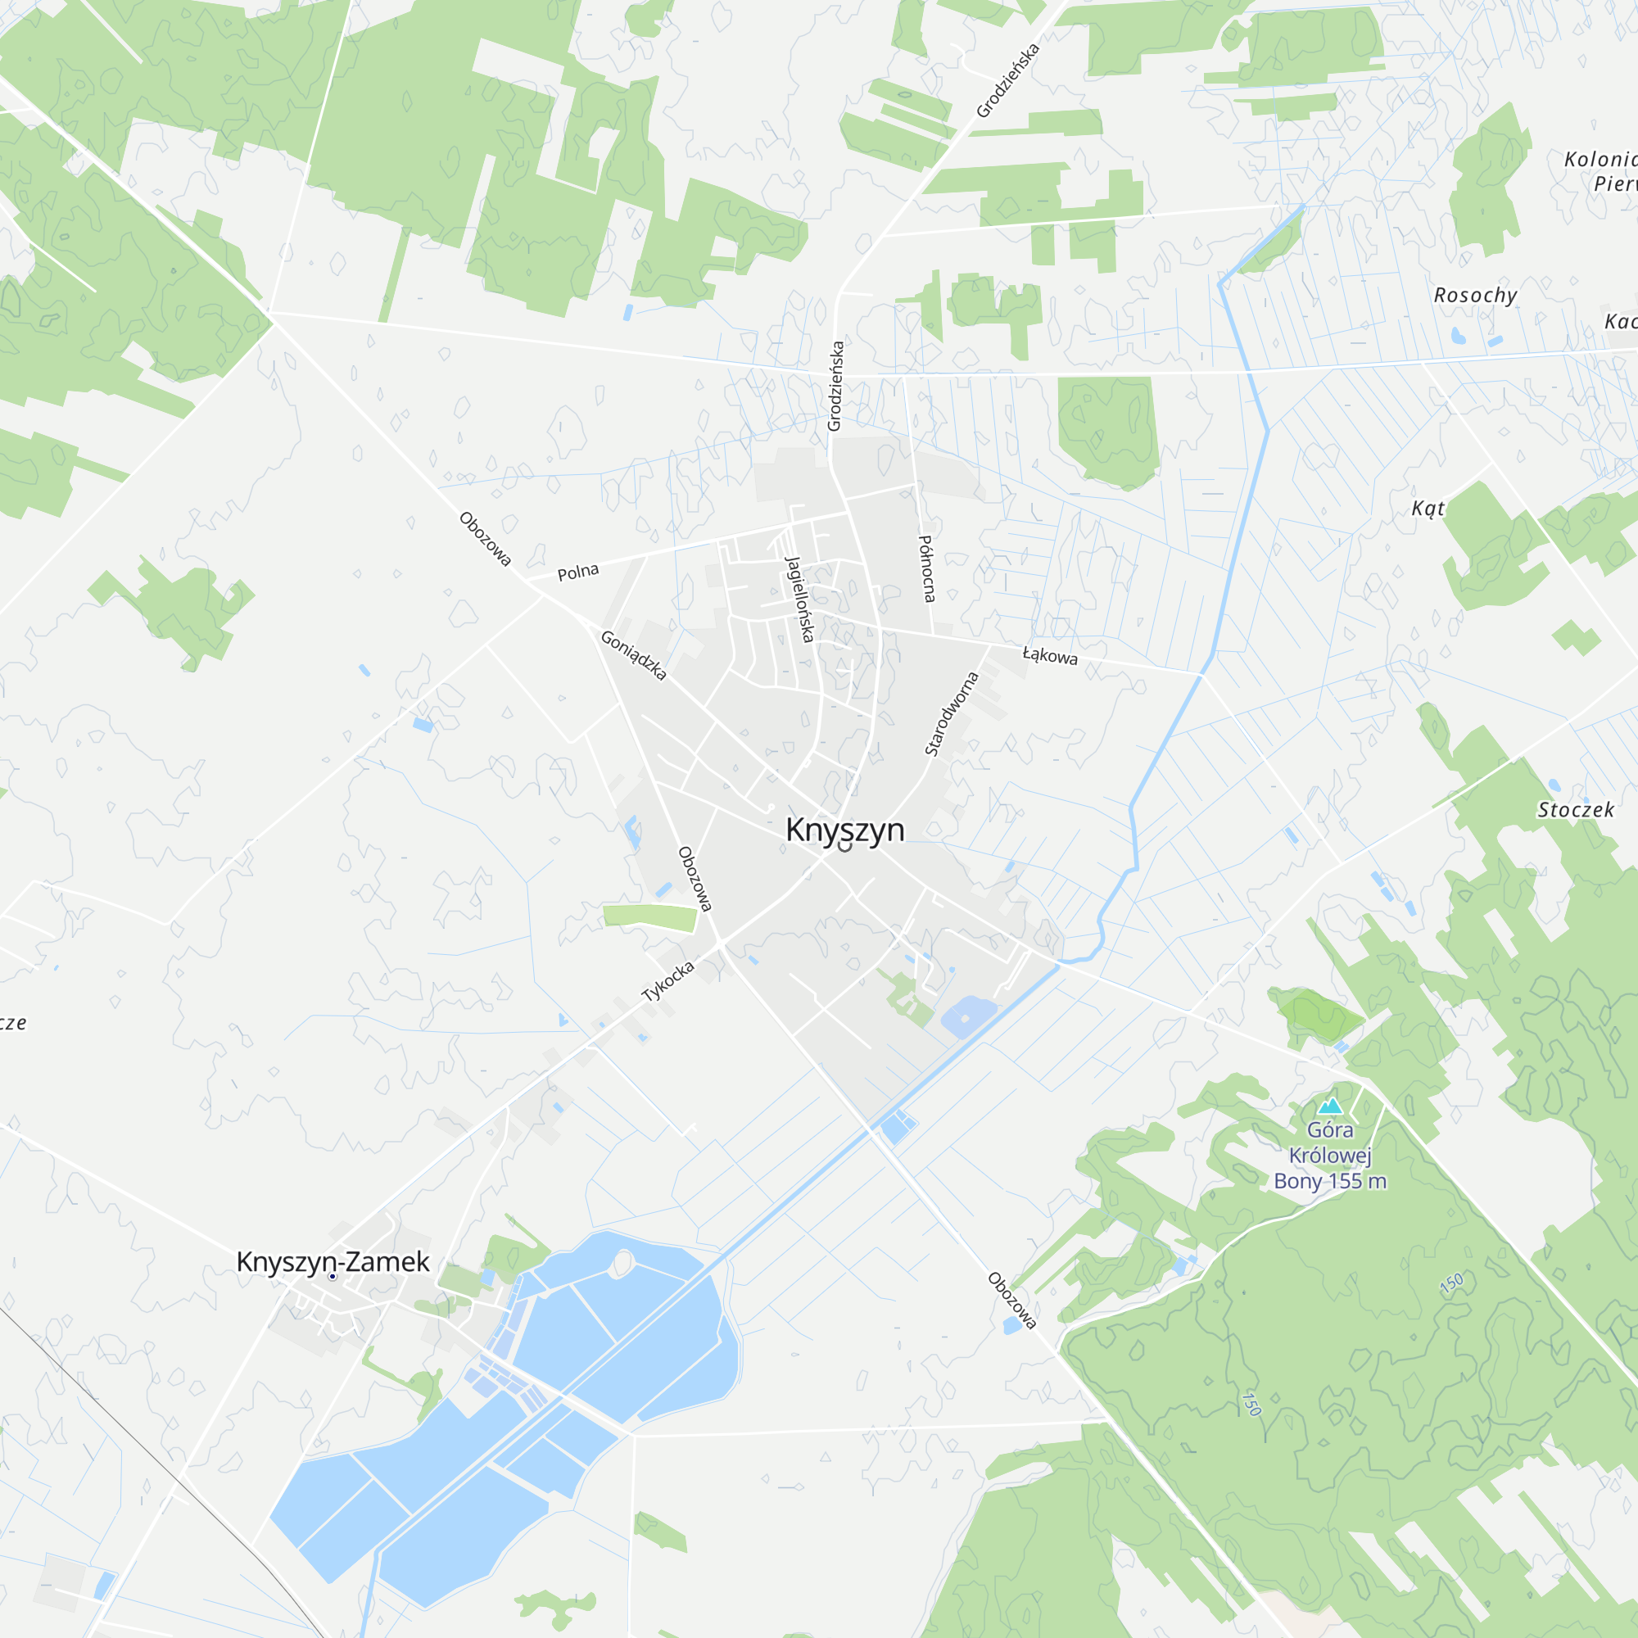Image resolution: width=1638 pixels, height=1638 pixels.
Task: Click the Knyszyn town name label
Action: pos(844,829)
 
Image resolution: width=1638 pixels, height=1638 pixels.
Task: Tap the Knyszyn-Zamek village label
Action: pos(333,1261)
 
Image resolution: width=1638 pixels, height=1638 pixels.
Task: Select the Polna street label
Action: pos(578,572)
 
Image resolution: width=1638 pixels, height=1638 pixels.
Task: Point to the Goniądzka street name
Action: pos(633,655)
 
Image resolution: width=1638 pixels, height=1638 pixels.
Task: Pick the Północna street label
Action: pos(928,568)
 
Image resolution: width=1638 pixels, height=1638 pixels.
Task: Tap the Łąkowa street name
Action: pos(1050,655)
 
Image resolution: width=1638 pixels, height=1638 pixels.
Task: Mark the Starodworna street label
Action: pos(951,713)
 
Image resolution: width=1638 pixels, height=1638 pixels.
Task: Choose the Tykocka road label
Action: pos(668,982)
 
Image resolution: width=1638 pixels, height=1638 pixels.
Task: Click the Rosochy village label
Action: pos(1475,295)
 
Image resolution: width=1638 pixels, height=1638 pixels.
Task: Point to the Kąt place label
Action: pos(1428,508)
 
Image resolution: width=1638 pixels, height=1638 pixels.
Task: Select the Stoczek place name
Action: pos(1576,810)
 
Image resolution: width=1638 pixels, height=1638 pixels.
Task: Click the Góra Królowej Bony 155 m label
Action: pos(1330,1155)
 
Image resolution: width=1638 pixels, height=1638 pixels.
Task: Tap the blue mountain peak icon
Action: pos(1330,1106)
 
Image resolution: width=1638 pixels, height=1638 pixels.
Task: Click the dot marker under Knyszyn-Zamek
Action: pos(333,1276)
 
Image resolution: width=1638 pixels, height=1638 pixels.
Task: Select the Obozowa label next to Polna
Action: pos(485,538)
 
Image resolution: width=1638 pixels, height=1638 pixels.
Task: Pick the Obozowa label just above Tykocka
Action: pos(695,879)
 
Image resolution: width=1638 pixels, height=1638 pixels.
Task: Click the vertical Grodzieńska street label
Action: pos(836,386)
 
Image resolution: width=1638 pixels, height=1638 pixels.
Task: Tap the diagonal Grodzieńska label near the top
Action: pos(1007,80)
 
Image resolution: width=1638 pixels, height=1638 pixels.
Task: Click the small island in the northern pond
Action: pos(623,1264)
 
